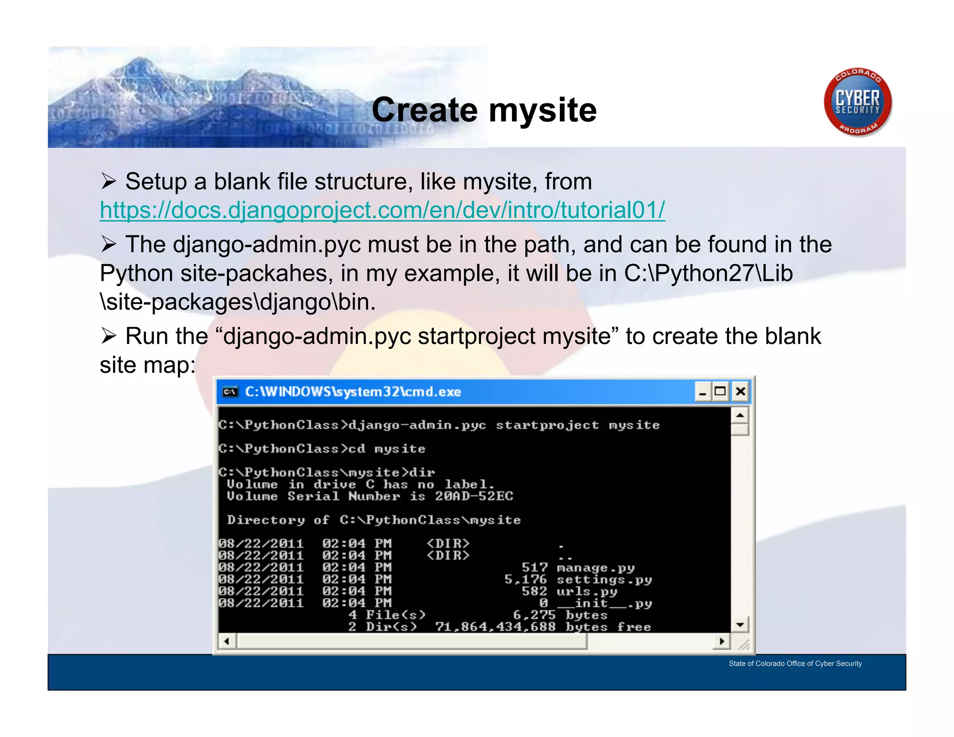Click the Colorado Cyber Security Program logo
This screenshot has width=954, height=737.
pyautogui.click(x=858, y=102)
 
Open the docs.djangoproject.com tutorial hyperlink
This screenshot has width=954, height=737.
pyautogui.click(x=382, y=210)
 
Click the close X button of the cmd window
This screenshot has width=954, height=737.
pyautogui.click(x=740, y=391)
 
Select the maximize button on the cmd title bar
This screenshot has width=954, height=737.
pyautogui.click(x=720, y=391)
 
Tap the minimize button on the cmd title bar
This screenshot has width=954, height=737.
pyautogui.click(x=702, y=391)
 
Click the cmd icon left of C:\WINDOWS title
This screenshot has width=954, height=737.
pyautogui.click(x=230, y=392)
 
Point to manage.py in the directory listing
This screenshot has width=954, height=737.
pyautogui.click(x=595, y=567)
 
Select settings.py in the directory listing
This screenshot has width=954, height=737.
pyautogui.click(x=604, y=580)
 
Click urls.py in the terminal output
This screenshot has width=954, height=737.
pyautogui.click(x=586, y=591)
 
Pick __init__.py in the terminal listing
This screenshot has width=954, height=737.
pyautogui.click(x=604, y=603)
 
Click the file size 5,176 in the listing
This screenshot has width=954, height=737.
pyautogui.click(x=525, y=580)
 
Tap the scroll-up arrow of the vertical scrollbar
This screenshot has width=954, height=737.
pyautogui.click(x=740, y=415)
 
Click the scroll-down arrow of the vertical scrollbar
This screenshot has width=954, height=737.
pyautogui.click(x=740, y=624)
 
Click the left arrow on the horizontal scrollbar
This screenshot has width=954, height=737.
pyautogui.click(x=227, y=641)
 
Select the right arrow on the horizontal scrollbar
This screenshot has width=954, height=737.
pyautogui.click(x=722, y=641)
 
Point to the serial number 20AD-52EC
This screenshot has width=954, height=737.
pyautogui.click(x=474, y=496)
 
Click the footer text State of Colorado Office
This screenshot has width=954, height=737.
pyautogui.click(x=795, y=663)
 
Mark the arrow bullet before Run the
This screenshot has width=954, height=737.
pyautogui.click(x=108, y=335)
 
